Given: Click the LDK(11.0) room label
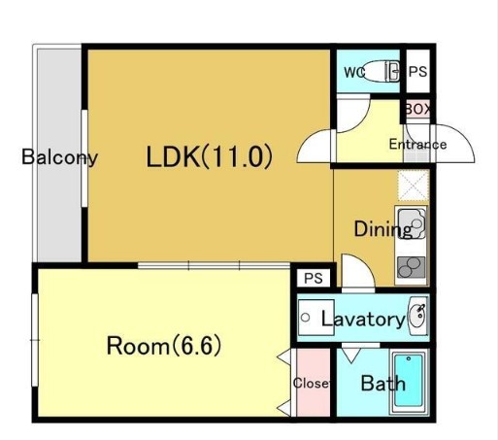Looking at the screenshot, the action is (210, 157).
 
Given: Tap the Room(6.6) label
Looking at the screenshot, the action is (164, 346).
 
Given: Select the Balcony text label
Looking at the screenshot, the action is (59, 157).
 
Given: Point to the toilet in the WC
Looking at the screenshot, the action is (380, 71).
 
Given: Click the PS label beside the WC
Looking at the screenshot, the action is (417, 72).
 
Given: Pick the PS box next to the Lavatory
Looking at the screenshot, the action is (314, 278).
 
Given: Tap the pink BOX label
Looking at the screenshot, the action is (417, 110).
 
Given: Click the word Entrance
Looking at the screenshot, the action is (417, 144).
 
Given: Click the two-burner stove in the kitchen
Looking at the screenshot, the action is (412, 267).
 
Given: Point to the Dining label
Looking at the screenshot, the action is (382, 229).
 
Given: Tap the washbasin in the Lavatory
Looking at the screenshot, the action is (418, 317).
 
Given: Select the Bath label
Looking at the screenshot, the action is (382, 384).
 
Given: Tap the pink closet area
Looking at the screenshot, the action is (314, 383).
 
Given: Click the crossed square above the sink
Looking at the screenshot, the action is (414, 186).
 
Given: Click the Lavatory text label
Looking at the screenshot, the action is (363, 320).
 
